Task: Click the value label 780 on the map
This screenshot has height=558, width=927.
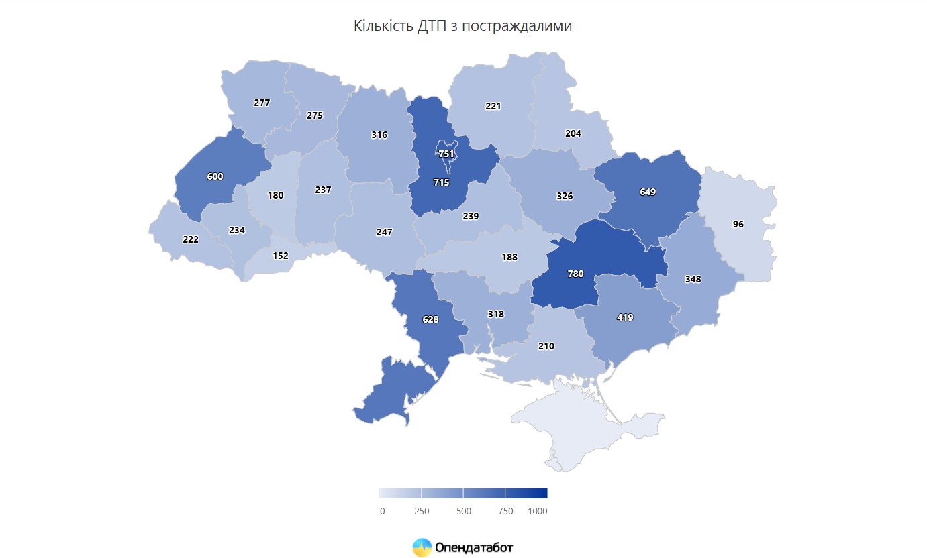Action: pyautogui.click(x=575, y=274)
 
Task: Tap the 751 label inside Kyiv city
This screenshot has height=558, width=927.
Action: pyautogui.click(x=446, y=154)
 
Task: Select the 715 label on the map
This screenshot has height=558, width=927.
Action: pyautogui.click(x=441, y=182)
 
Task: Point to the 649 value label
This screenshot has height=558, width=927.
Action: pyautogui.click(x=648, y=192)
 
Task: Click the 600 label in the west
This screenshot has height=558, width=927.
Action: pyautogui.click(x=215, y=176)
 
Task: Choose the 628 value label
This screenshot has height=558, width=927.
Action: pyautogui.click(x=430, y=319)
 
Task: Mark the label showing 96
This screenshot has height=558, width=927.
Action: pyautogui.click(x=738, y=224)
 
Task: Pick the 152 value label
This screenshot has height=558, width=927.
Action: pyautogui.click(x=281, y=256)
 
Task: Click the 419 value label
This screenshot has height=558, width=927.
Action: pyautogui.click(x=625, y=317)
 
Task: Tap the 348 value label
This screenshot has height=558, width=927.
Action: pyautogui.click(x=693, y=279)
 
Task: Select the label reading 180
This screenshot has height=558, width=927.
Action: pyautogui.click(x=275, y=196)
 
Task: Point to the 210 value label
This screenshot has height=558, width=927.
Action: pyautogui.click(x=546, y=347)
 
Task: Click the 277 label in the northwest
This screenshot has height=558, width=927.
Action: pyautogui.click(x=262, y=103)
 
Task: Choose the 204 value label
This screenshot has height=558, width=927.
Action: pyautogui.click(x=573, y=133)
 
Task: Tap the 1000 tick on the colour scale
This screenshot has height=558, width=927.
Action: pyautogui.click(x=538, y=511)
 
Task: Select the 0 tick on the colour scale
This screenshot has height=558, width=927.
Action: pyautogui.click(x=382, y=511)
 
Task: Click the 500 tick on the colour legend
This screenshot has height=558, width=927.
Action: pyautogui.click(x=463, y=511)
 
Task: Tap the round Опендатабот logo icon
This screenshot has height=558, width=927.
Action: pyautogui.click(x=422, y=547)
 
